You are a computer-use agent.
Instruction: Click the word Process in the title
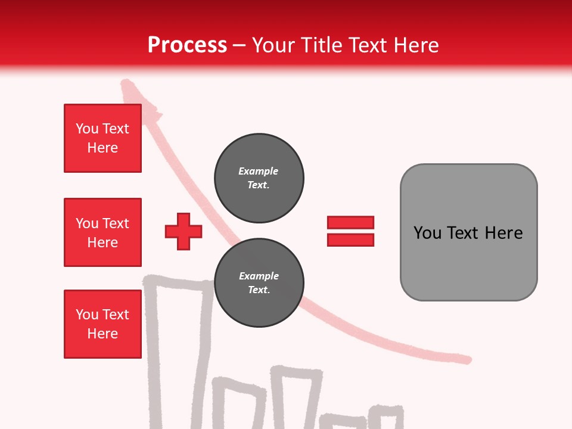pyautogui.click(x=187, y=45)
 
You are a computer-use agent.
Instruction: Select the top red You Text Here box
pyautogui.click(x=102, y=138)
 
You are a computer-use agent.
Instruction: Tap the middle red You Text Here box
pyautogui.click(x=102, y=232)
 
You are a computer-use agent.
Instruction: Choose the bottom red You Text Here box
pyautogui.click(x=102, y=324)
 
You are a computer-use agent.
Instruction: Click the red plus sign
pyautogui.click(x=184, y=231)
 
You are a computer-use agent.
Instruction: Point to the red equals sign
pyautogui.click(x=350, y=231)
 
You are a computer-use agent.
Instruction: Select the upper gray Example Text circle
pyautogui.click(x=259, y=178)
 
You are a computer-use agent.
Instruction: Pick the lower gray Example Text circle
pyautogui.click(x=259, y=283)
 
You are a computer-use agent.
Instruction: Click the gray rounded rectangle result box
pyautogui.click(x=468, y=232)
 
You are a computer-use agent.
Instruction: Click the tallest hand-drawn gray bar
pyautogui.click(x=179, y=352)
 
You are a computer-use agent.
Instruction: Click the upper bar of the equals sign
pyautogui.click(x=350, y=223)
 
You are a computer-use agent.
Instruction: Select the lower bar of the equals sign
pyautogui.click(x=350, y=240)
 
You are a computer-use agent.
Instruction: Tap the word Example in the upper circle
pyautogui.click(x=259, y=171)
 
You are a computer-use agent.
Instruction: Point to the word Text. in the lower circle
pyautogui.click(x=259, y=290)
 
